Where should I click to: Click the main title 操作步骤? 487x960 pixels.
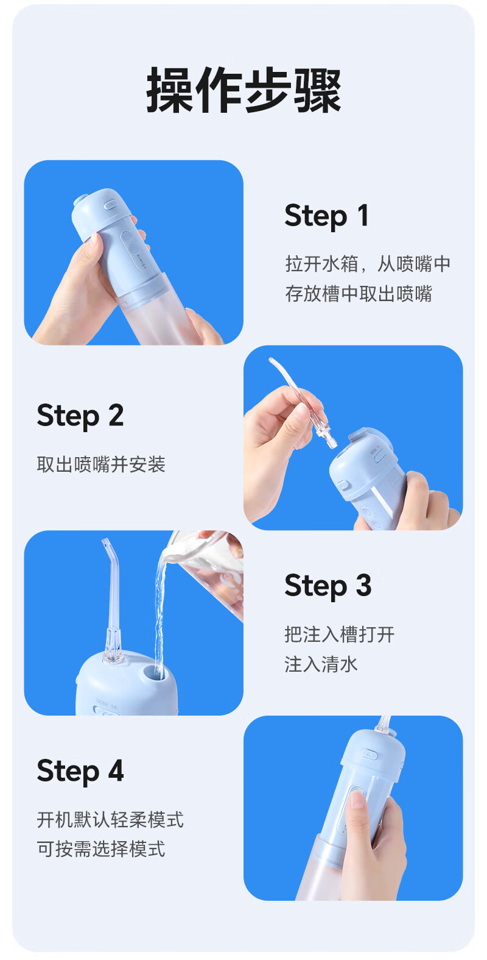tap(243, 90)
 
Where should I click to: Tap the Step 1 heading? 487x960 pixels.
tap(326, 216)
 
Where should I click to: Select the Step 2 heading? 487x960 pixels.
tap(80, 416)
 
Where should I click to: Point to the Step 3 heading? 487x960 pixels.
tap(328, 586)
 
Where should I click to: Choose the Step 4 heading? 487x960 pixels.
tap(80, 771)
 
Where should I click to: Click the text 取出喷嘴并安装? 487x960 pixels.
tap(101, 464)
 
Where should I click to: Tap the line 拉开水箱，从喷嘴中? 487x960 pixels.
tap(368, 264)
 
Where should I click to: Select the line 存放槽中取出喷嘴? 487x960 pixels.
tap(359, 294)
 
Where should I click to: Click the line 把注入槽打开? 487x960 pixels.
tap(339, 635)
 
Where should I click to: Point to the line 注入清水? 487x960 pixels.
tap(321, 664)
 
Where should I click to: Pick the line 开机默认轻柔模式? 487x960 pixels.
tap(110, 820)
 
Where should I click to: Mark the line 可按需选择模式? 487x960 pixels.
tap(101, 849)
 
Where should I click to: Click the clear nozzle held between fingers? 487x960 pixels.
tap(302, 402)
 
